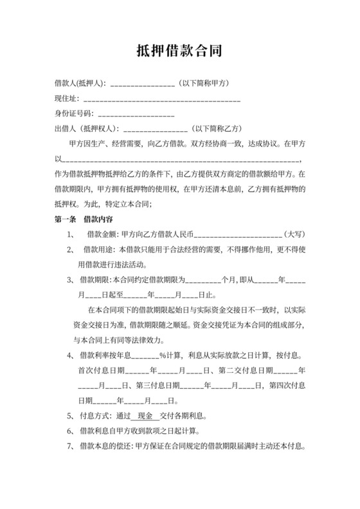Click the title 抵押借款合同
pyautogui.click(x=180, y=50)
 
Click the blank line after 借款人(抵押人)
pyautogui.click(x=143, y=85)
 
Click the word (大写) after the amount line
pyautogui.click(x=295, y=234)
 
